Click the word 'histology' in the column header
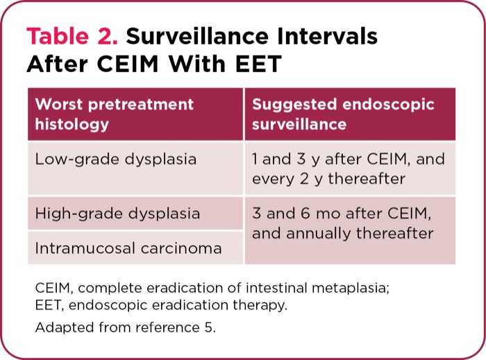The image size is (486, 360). [72, 124]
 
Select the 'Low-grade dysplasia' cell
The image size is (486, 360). [115, 159]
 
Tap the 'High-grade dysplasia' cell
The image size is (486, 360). [117, 213]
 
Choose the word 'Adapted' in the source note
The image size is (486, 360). [59, 327]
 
